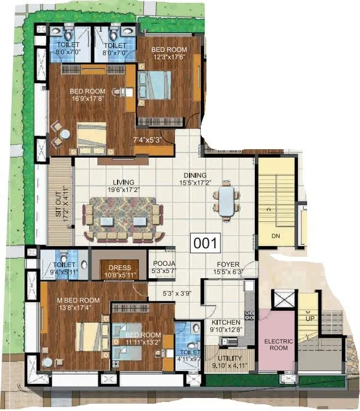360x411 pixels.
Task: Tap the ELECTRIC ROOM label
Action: tap(276, 344)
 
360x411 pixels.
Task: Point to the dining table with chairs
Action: tap(226, 201)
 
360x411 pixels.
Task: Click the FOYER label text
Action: tap(228, 264)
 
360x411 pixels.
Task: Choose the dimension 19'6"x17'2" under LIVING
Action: tap(123, 190)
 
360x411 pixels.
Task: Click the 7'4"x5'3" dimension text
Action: tap(147, 139)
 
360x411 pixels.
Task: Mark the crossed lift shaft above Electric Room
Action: tap(283, 298)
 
